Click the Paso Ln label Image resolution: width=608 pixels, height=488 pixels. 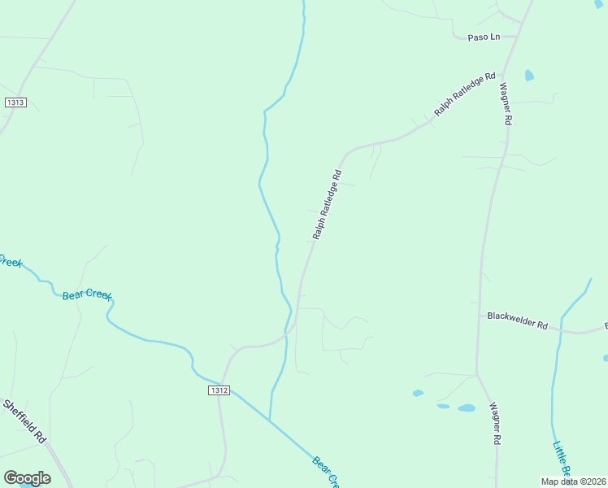point(483,37)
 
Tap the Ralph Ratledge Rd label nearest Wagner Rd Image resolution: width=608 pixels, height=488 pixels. point(464,94)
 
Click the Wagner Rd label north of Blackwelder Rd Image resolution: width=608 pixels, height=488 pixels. point(506,103)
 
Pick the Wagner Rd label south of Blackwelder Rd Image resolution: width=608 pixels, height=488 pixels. point(494,423)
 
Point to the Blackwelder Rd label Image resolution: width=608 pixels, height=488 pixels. point(517,320)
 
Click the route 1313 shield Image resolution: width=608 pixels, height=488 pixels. point(15,102)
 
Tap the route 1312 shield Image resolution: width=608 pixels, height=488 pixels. point(218,390)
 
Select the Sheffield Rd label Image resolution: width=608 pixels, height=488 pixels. point(24,420)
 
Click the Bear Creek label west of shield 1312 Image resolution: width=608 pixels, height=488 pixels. point(86,294)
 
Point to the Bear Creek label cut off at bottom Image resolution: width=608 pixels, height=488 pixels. point(324,472)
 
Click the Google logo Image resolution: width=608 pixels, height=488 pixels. point(27,478)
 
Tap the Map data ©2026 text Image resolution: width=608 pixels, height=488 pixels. point(572,481)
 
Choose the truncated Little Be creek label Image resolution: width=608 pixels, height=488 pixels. point(562,460)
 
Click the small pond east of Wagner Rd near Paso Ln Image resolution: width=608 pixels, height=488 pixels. point(529,76)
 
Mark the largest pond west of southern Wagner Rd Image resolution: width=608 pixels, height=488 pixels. point(467,408)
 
